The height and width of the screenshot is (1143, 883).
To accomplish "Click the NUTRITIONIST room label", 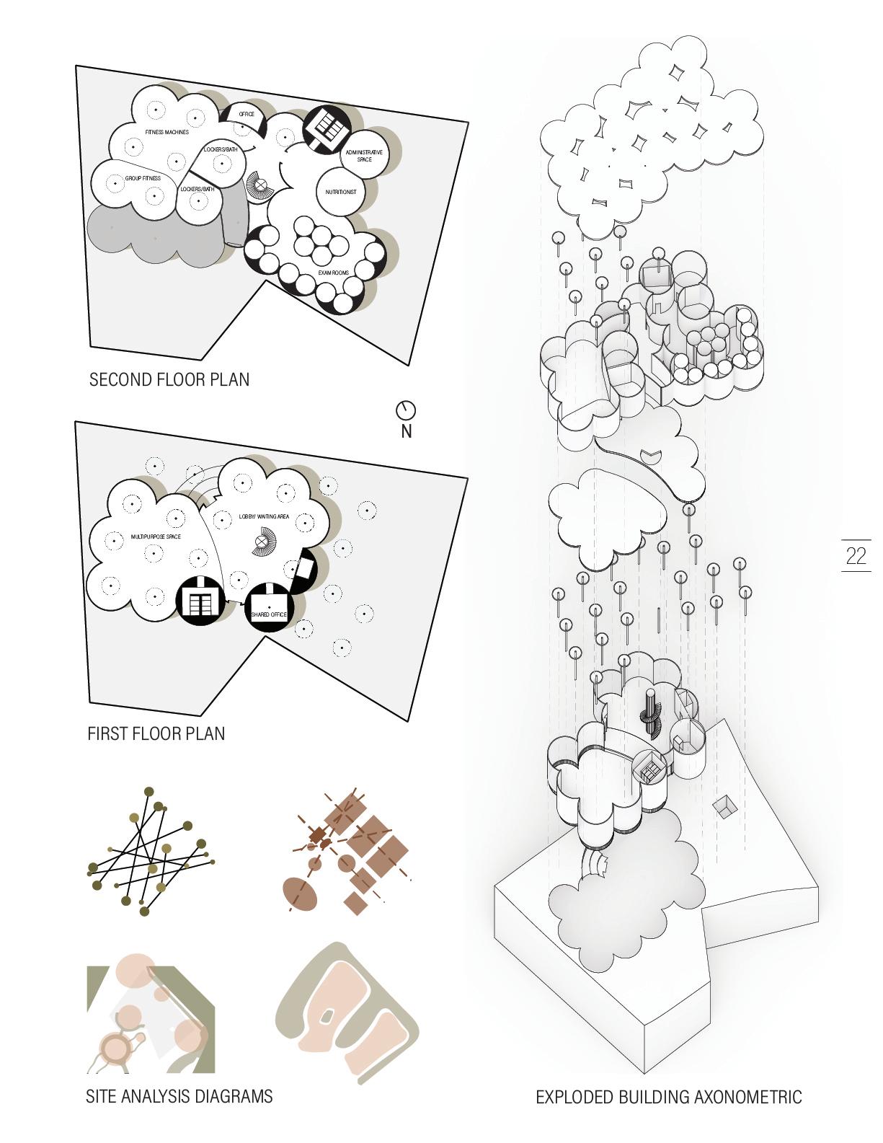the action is [340, 192].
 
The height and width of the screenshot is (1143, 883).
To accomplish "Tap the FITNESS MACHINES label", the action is [167, 133].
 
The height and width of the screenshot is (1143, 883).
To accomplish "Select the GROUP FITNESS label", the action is [143, 178].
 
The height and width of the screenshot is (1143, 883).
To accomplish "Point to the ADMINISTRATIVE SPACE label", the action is [364, 156].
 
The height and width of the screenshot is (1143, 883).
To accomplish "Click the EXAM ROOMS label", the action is [334, 273].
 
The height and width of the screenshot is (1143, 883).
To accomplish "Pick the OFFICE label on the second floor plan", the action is [247, 115].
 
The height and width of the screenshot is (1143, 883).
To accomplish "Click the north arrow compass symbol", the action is [406, 410].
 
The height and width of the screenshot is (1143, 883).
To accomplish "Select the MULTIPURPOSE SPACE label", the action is [156, 537].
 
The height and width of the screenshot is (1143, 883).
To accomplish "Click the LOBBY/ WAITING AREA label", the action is [264, 517].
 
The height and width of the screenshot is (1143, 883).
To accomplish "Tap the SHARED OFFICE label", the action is [269, 614].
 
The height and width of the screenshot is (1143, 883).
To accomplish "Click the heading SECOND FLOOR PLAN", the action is [169, 380].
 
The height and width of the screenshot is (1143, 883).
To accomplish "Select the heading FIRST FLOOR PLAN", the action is [156, 734].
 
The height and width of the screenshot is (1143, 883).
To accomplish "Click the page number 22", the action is [856, 556].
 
